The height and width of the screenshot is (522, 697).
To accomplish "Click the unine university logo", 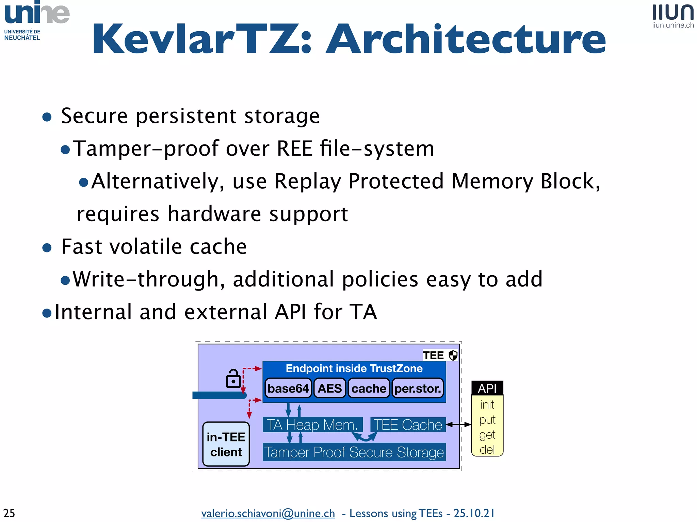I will [37, 20].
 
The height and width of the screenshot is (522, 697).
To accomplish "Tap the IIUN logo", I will [672, 16].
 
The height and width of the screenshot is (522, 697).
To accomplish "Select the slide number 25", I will [9, 512].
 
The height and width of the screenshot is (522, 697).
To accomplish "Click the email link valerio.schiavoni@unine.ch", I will [268, 513].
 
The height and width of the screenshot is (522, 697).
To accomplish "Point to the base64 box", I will [288, 388].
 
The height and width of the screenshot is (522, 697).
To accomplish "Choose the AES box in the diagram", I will [329, 388].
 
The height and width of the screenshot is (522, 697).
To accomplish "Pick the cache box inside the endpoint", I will [369, 388].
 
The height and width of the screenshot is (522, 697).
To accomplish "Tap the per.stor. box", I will [418, 388].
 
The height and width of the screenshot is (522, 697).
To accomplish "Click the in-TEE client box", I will [226, 444].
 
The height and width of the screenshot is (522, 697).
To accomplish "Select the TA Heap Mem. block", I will [312, 425].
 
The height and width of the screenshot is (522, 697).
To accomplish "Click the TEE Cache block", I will [408, 425].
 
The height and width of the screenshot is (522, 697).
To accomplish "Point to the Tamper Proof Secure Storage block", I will [354, 452].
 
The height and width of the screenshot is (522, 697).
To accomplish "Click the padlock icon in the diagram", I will [233, 379].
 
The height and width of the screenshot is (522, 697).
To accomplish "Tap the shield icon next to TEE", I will [453, 355].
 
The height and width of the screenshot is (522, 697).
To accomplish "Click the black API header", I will [487, 388].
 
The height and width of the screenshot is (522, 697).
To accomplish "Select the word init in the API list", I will [487, 405].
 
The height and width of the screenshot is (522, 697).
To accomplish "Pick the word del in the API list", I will [487, 450].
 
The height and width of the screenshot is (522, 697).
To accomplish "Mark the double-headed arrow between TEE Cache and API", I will [458, 424].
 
